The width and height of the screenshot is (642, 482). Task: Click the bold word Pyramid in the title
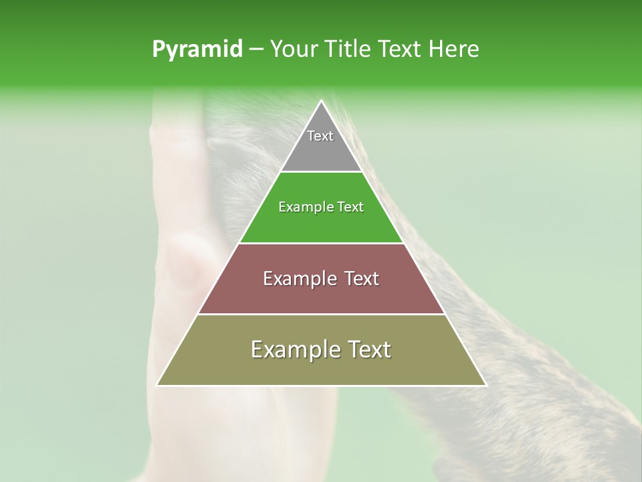click(x=197, y=50)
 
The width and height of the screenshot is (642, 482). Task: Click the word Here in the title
click(x=454, y=50)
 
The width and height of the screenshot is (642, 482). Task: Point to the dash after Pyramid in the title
click(x=255, y=50)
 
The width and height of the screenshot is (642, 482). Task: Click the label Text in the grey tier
click(x=320, y=136)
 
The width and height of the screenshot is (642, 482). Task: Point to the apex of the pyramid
click(x=321, y=102)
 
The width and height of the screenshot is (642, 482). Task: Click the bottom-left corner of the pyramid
click(x=158, y=385)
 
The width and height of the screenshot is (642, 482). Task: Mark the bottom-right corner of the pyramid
click(x=485, y=385)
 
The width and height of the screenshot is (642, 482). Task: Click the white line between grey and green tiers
click(x=321, y=172)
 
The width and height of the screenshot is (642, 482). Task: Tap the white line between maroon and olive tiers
click(x=321, y=315)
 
